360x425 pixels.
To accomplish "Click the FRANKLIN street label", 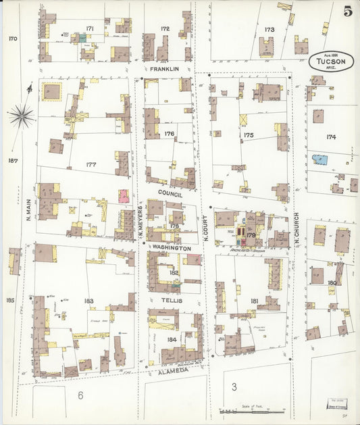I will pyautogui.click(x=165, y=69).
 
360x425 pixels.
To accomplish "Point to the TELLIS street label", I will pyautogui.click(x=173, y=300).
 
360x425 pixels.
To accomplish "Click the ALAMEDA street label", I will pyautogui.click(x=174, y=370).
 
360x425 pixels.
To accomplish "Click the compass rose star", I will pyautogui.click(x=22, y=116).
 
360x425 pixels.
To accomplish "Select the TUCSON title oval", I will pyautogui.click(x=332, y=60).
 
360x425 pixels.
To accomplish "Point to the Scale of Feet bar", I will pyautogui.click(x=251, y=411).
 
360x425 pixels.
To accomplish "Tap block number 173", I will pyautogui.click(x=269, y=30).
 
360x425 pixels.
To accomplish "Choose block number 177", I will pyautogui.click(x=91, y=164).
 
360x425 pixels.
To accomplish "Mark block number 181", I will pyautogui.click(x=254, y=301).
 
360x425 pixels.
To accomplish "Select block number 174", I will pyautogui.click(x=331, y=136).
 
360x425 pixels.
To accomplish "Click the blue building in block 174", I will pyautogui.click(x=320, y=160).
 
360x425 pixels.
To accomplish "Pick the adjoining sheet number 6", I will pyautogui.click(x=80, y=395).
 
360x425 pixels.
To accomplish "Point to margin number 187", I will pyautogui.click(x=11, y=161).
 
